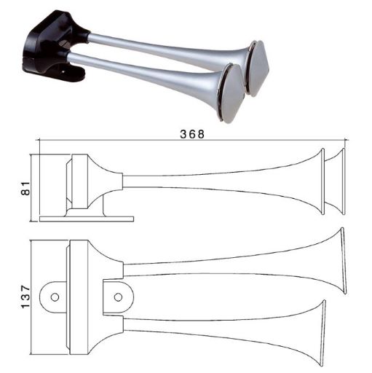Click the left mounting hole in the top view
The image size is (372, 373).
(x=53, y=295)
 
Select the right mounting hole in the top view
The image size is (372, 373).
(x=117, y=296)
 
